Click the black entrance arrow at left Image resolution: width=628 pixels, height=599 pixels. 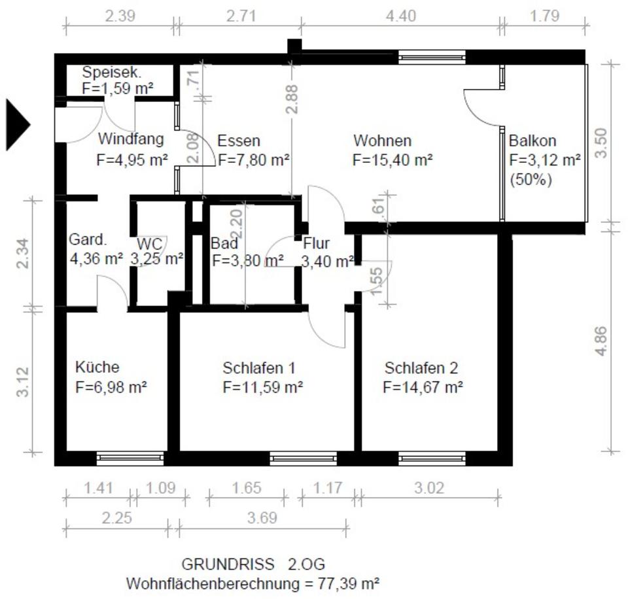pyautogui.click(x=17, y=124)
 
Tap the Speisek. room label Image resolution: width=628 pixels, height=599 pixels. pyautogui.click(x=111, y=73)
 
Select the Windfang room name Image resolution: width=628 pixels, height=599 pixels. pyautogui.click(x=131, y=139)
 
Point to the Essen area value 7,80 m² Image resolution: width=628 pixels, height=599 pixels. pyautogui.click(x=254, y=160)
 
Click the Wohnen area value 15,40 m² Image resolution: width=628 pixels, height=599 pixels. pyautogui.click(x=392, y=160)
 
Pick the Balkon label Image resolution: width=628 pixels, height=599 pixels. pyautogui.click(x=532, y=141)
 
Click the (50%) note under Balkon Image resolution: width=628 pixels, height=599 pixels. pyautogui.click(x=531, y=179)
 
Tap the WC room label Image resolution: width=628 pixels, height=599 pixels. pyautogui.click(x=149, y=244)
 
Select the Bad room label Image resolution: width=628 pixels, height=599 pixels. pyautogui.click(x=224, y=243)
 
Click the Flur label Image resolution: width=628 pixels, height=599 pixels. pyautogui.click(x=317, y=243)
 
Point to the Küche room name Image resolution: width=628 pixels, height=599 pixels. pyautogui.click(x=97, y=367)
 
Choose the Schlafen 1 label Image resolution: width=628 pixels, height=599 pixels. pyautogui.click(x=259, y=368)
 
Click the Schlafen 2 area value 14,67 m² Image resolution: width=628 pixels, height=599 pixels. pyautogui.click(x=423, y=387)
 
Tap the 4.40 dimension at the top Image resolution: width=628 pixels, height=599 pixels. pyautogui.click(x=401, y=16)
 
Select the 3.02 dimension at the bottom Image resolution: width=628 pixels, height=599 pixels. pyautogui.click(x=429, y=488)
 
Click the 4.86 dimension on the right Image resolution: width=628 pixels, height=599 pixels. pyautogui.click(x=601, y=341)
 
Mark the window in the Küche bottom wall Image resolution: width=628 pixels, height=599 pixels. pyautogui.click(x=130, y=458)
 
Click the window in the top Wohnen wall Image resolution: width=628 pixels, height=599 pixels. pyautogui.click(x=432, y=58)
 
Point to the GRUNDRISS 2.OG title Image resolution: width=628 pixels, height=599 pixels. pyautogui.click(x=253, y=564)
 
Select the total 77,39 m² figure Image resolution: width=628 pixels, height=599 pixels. pyautogui.click(x=349, y=583)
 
